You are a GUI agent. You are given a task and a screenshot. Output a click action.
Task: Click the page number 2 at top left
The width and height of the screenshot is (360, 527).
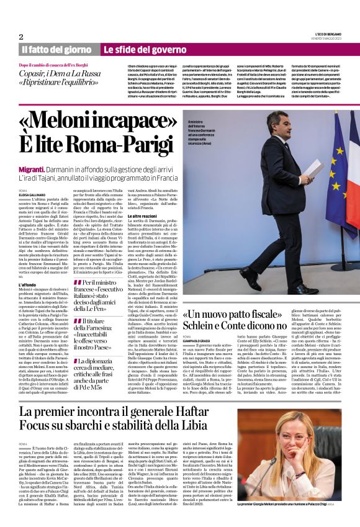[21, 37]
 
